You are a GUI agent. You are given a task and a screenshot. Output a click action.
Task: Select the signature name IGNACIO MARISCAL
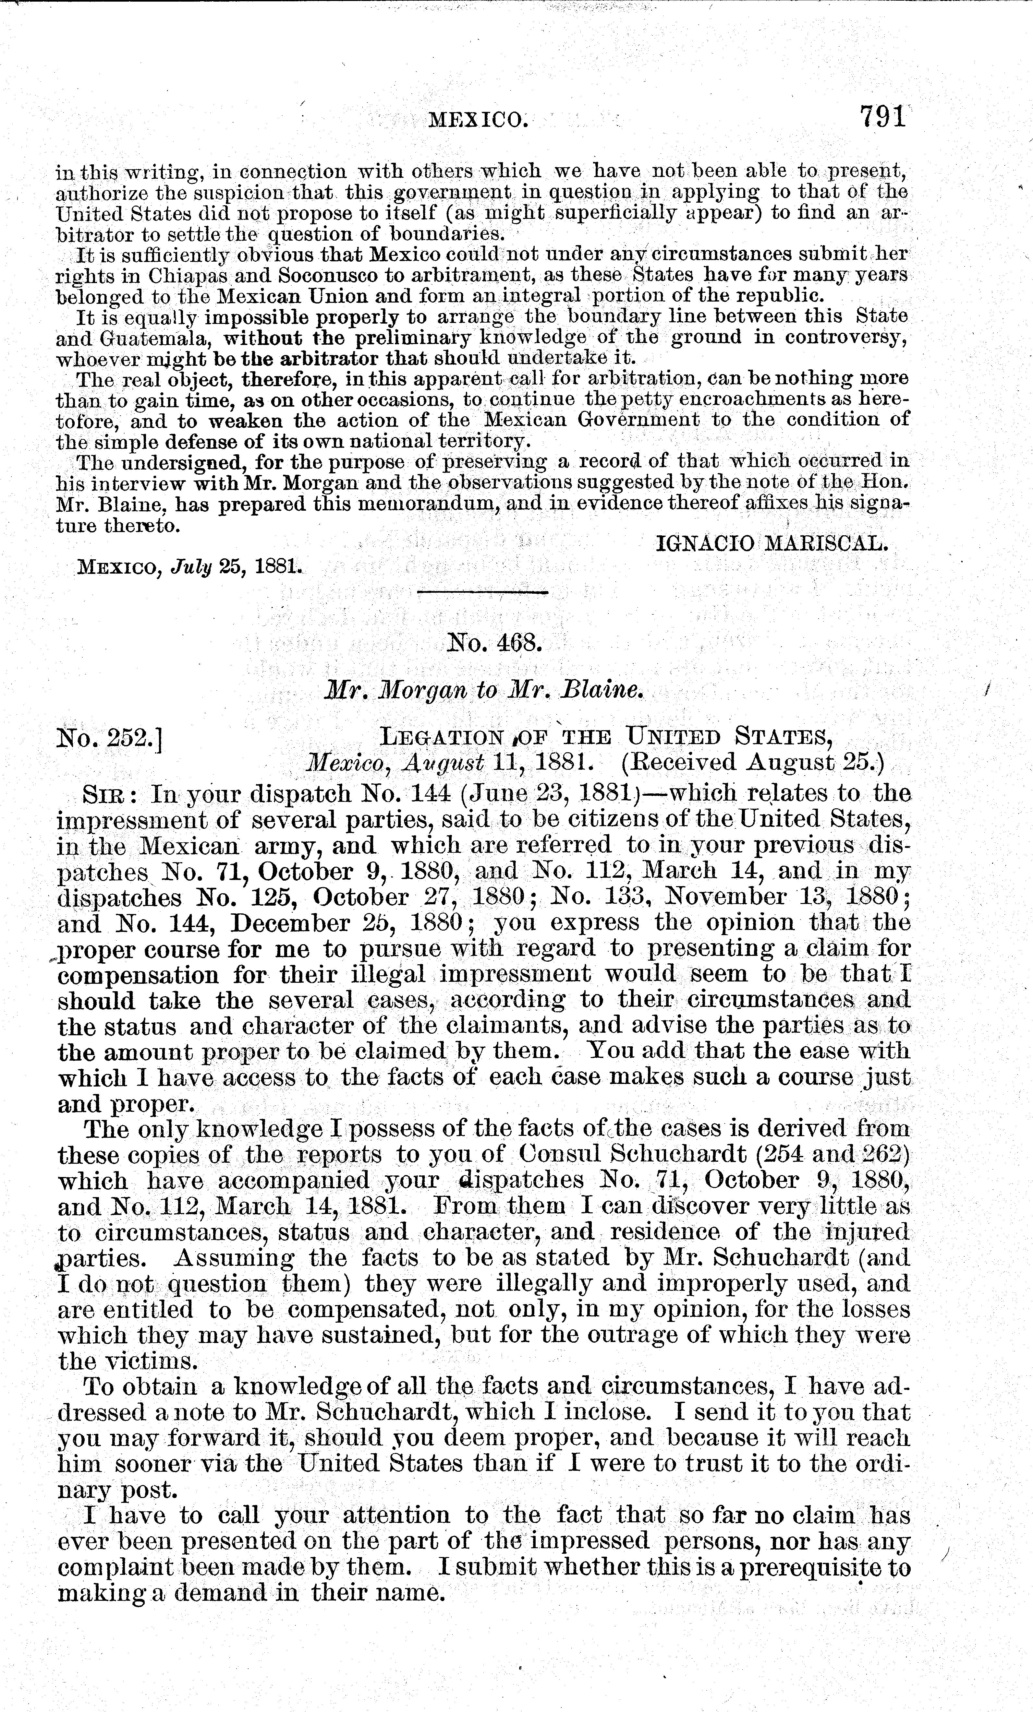[772, 543]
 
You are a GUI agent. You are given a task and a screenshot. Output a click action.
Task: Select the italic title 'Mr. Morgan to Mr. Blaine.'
[484, 690]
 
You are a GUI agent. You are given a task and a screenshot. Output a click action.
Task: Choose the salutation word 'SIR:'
[111, 793]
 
